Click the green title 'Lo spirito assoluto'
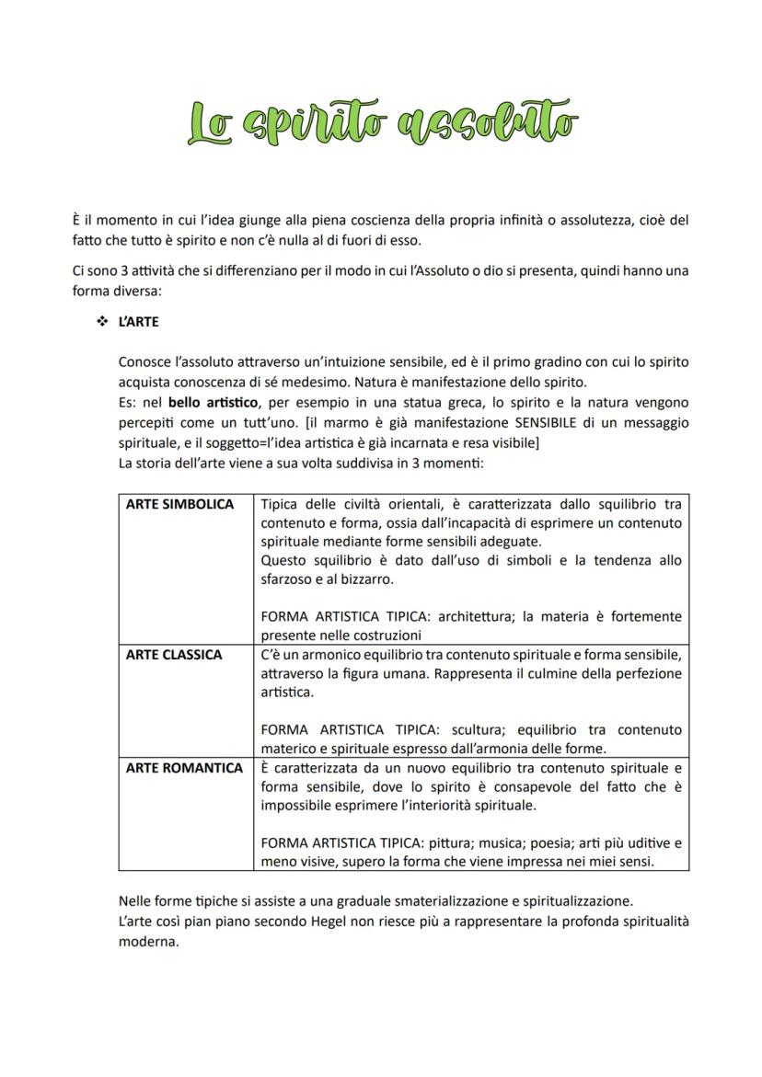pos(382,123)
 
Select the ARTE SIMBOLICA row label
pos(179,505)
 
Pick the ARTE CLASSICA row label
pos(174,655)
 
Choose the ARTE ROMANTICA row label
pos(184,768)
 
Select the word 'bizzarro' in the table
pos(368,579)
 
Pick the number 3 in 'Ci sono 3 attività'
pos(123,271)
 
